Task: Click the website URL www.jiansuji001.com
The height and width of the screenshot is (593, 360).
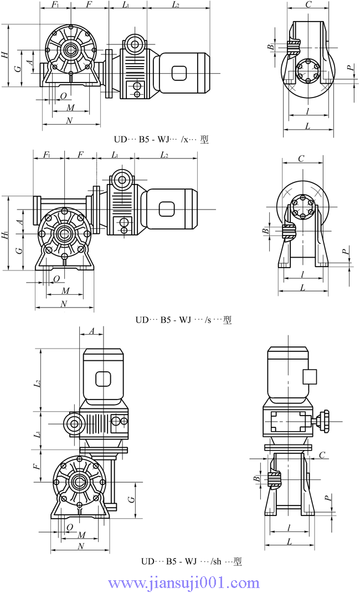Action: tap(184, 583)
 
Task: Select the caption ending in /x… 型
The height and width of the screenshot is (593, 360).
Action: tap(161, 140)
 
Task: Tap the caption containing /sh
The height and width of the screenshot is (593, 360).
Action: tap(191, 561)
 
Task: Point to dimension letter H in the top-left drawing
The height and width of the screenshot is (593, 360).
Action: tap(4, 55)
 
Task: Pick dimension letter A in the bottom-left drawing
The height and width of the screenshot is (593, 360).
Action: tap(92, 331)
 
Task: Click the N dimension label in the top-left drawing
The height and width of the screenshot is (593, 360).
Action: tap(69, 120)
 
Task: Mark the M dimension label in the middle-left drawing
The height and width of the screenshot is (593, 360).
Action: tap(65, 291)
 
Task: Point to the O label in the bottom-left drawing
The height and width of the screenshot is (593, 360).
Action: tap(69, 526)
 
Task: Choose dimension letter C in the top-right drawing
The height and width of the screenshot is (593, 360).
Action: tap(308, 5)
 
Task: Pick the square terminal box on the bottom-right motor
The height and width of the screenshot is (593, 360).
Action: tap(310, 376)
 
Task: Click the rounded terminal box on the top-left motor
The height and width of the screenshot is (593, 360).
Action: tap(180, 73)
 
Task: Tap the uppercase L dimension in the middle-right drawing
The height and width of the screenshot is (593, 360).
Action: tap(302, 287)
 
